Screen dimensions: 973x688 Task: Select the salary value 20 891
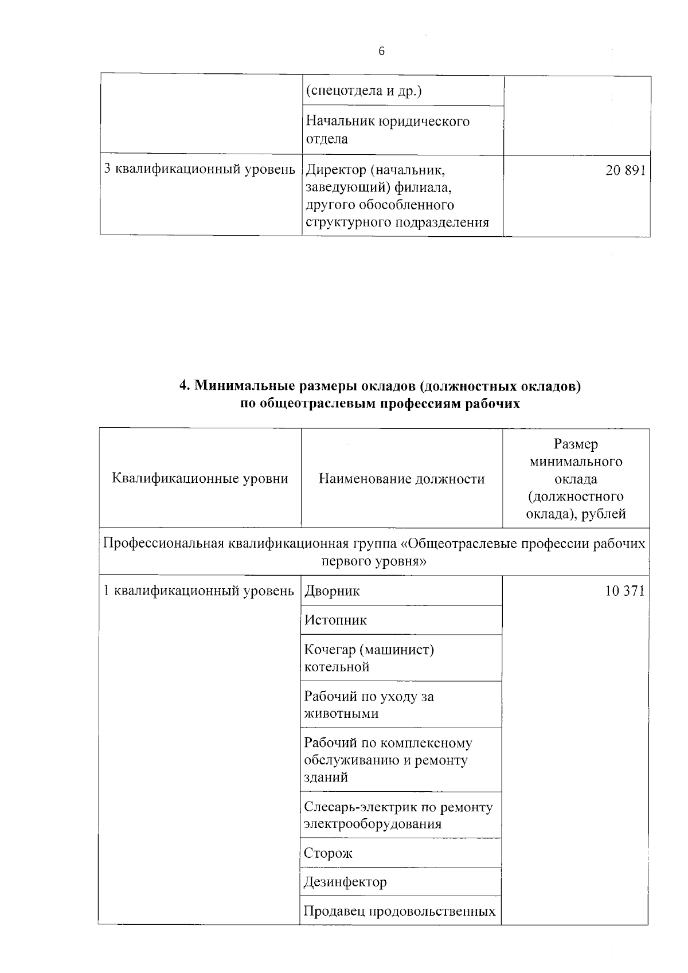626,170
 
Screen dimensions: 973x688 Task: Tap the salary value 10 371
624,591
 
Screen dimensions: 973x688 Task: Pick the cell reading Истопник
335,620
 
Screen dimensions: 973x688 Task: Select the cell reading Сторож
328,853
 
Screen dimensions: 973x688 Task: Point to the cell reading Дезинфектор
345,882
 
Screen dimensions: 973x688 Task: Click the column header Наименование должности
401,479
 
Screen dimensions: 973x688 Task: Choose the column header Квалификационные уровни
200,479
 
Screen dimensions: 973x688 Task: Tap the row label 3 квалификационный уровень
200,170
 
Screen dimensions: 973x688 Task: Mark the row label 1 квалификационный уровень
198,591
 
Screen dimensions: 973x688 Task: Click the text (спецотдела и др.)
363,91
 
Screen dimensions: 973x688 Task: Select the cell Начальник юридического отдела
388,130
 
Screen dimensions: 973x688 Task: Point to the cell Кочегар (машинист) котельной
369,658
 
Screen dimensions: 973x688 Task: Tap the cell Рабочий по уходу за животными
369,705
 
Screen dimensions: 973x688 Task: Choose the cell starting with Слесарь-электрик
398,815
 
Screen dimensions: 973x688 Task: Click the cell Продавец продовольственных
400,911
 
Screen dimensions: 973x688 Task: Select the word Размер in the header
576,444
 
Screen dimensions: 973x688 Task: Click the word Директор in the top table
335,170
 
